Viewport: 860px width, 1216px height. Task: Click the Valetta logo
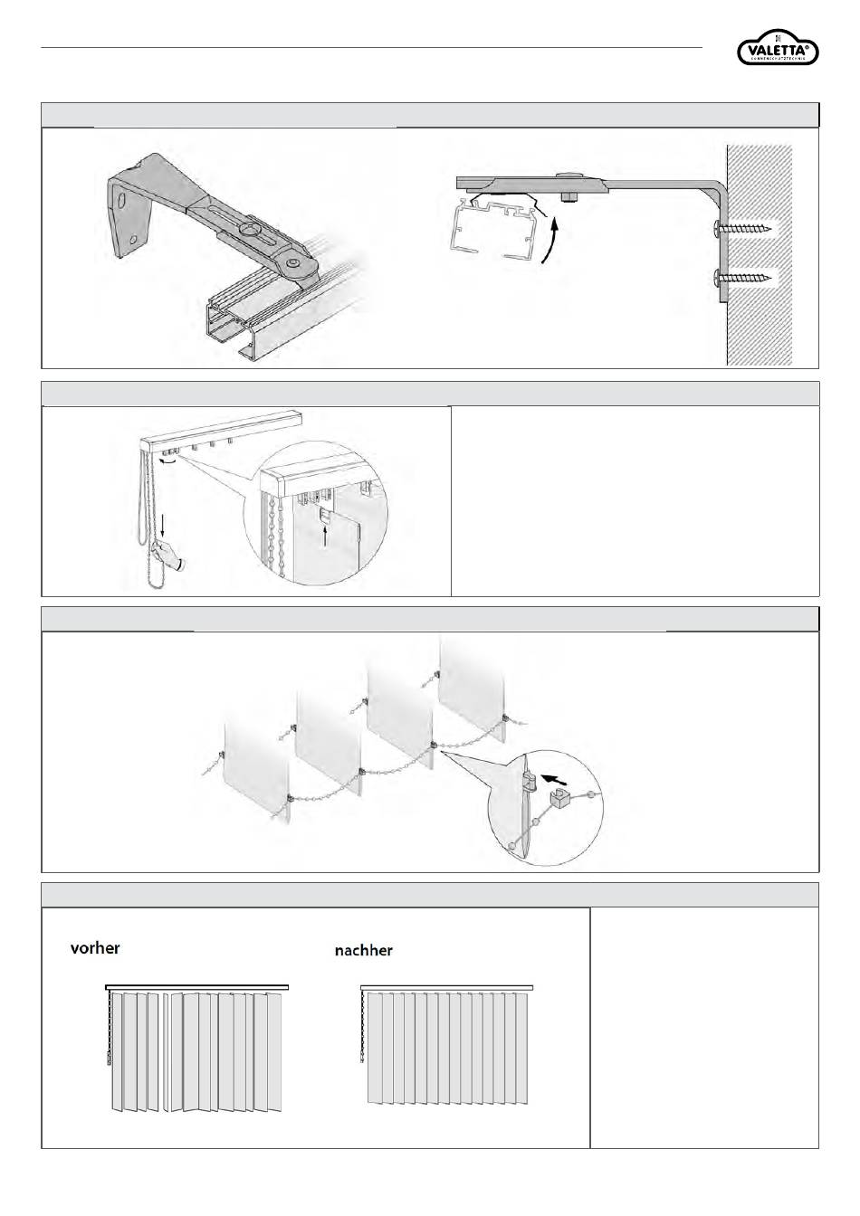pos(778,51)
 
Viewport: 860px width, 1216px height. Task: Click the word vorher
pos(95,948)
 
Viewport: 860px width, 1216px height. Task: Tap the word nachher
pos(363,950)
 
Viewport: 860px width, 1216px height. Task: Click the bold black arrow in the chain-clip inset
pos(560,776)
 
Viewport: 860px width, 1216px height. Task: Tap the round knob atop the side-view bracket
pos(569,176)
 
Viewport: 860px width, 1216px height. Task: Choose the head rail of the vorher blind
pos(196,988)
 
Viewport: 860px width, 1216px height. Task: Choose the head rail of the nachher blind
pos(446,988)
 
